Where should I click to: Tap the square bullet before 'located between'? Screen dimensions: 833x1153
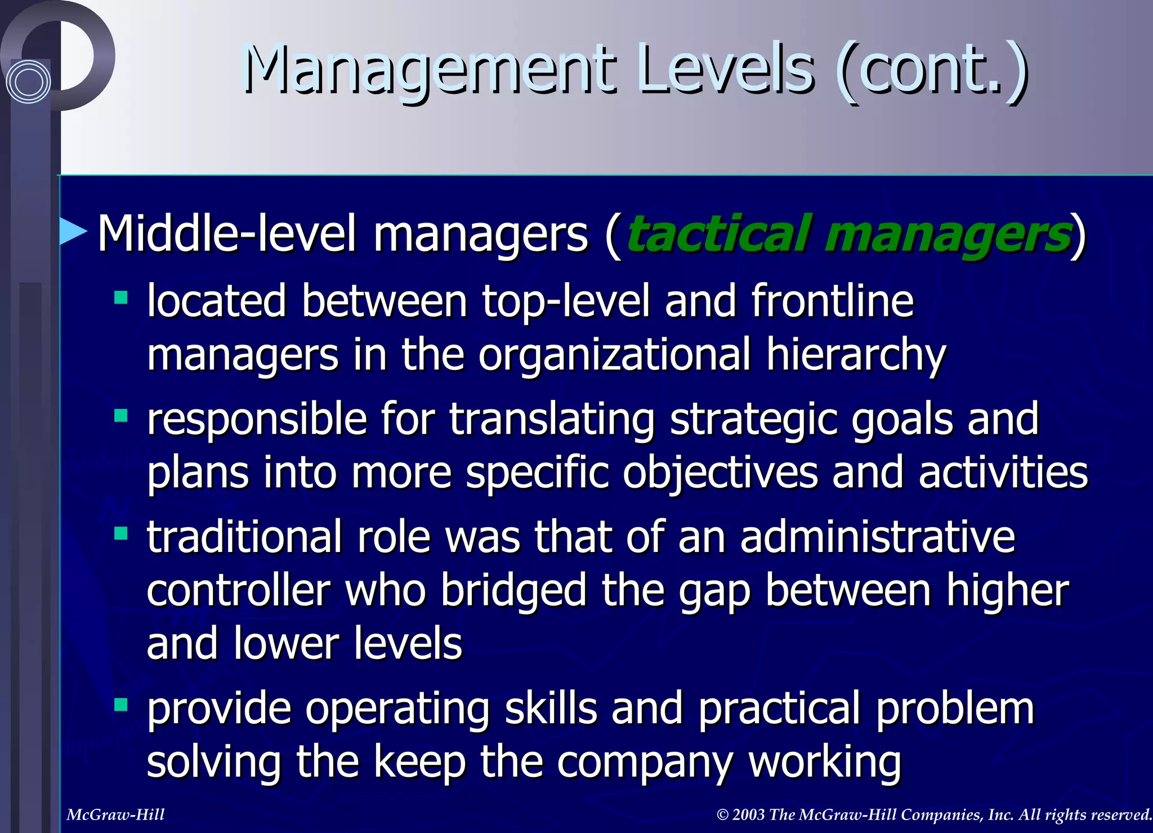point(120,297)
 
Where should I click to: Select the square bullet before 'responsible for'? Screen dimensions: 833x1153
point(120,416)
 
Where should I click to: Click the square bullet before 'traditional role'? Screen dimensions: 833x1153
point(120,533)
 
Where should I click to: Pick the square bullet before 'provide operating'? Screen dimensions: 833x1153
point(120,705)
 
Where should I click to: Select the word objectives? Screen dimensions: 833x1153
point(720,473)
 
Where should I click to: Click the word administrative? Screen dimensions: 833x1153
point(877,537)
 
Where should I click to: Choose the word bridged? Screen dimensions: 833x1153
point(513,591)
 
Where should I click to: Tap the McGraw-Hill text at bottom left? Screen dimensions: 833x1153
point(115,814)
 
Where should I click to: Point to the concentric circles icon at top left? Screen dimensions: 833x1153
point(28,82)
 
